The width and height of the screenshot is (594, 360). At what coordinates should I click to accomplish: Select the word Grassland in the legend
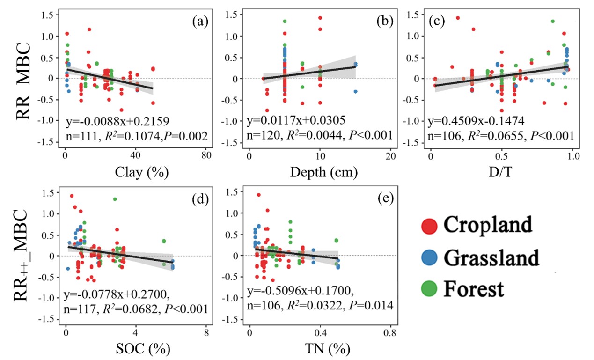[x=491, y=257]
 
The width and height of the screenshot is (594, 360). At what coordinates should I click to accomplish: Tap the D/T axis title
[x=501, y=172]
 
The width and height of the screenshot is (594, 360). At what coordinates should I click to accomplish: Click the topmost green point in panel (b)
[x=285, y=21]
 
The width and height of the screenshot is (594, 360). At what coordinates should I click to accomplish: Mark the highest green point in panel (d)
[x=115, y=199]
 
